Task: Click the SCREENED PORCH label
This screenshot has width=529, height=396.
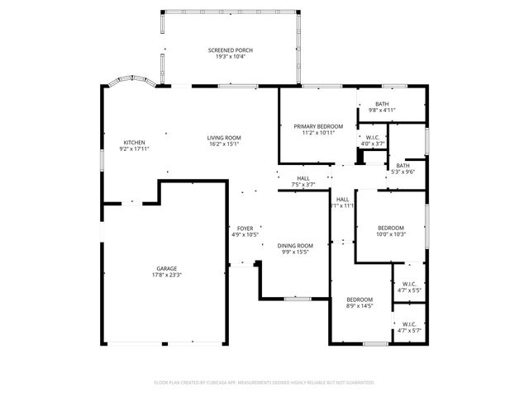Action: pos(230,50)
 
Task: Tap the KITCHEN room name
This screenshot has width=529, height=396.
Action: pos(135,142)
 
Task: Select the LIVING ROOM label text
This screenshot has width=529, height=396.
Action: pos(223,137)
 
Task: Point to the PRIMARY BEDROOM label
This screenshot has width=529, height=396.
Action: pos(318,125)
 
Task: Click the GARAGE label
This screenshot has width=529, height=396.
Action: pos(166,268)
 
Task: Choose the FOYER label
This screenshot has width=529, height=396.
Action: pos(245,228)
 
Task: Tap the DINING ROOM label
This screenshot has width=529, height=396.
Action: pos(295,245)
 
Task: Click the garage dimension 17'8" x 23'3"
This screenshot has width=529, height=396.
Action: pos(166,275)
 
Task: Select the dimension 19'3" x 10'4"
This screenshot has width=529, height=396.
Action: pos(230,57)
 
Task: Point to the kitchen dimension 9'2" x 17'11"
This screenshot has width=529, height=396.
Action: pos(135,148)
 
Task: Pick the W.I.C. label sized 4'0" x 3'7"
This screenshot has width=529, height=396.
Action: pos(373,137)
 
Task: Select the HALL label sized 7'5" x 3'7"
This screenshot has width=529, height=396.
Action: pos(304,177)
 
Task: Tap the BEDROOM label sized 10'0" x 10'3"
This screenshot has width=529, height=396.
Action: pos(391,228)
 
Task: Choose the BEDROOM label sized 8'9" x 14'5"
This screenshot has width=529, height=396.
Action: pos(359,299)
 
